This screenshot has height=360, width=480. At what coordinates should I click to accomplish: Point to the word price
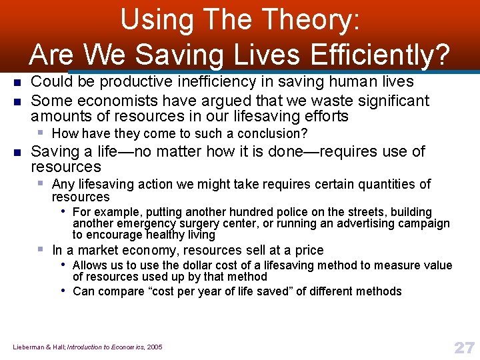(x=308, y=251)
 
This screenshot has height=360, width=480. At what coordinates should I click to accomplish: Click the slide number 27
(x=463, y=347)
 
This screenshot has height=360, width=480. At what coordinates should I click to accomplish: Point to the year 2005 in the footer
(x=153, y=347)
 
